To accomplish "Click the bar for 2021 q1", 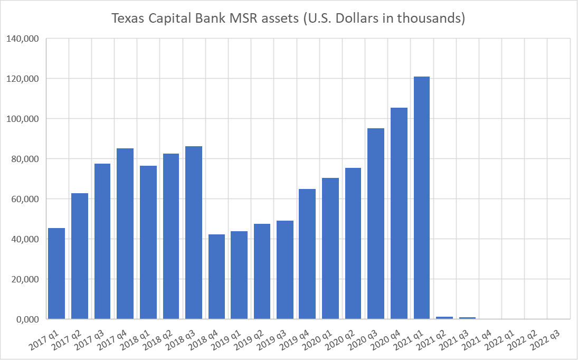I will point(422,198).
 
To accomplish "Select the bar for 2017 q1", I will point(56,273).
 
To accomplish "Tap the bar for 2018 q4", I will point(216,277).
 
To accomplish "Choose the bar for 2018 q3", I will point(194,233).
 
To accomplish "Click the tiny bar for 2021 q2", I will point(444,317).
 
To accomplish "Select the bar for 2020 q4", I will point(399,213).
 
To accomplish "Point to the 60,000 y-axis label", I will point(23,199).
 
